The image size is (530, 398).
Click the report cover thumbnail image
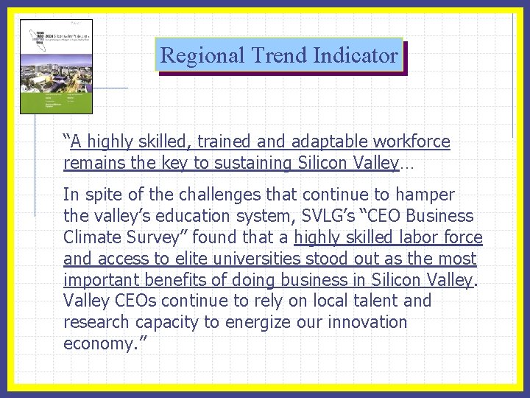coord(56,66)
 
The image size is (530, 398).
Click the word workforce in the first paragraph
coord(411,141)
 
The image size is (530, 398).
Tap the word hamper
coord(427,195)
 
